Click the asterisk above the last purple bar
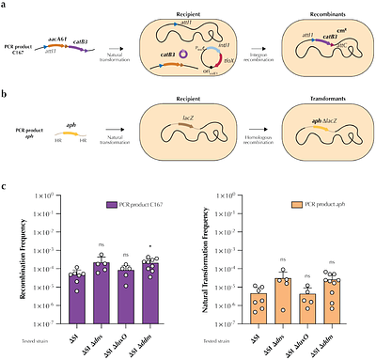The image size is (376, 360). (142, 251)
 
